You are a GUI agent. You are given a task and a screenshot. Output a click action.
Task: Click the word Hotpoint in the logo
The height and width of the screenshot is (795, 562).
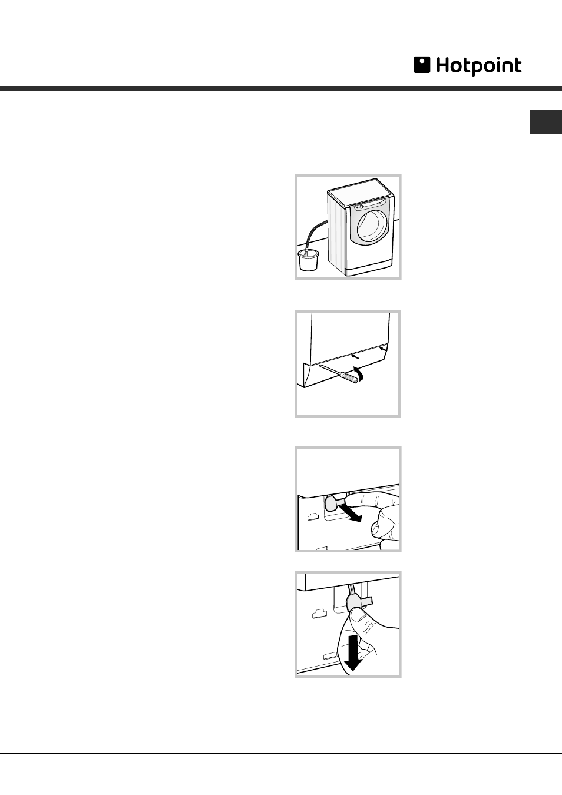[478, 66]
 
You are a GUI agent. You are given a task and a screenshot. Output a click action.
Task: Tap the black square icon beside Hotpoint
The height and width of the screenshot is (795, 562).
[422, 65]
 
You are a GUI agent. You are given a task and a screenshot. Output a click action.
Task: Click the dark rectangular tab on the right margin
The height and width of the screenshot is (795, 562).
[546, 122]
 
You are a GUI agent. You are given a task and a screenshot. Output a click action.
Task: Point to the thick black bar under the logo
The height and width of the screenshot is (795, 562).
[281, 89]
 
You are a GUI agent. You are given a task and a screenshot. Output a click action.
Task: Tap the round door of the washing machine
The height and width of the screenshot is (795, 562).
[372, 226]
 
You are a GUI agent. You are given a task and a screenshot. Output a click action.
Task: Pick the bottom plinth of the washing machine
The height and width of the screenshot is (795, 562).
[369, 269]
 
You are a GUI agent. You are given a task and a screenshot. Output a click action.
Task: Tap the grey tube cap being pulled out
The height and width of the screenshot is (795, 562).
[330, 502]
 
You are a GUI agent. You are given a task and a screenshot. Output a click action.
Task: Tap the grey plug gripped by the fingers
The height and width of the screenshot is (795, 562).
[353, 602]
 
